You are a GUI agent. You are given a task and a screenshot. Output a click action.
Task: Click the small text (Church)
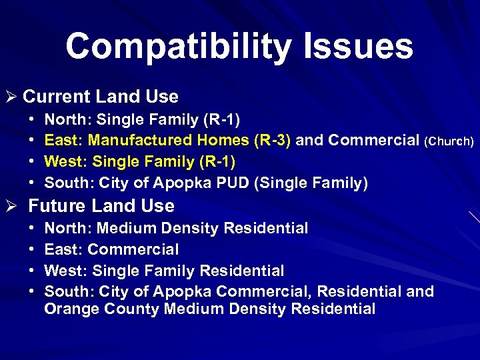point(449,141)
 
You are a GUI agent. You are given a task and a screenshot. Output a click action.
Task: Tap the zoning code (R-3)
point(271,141)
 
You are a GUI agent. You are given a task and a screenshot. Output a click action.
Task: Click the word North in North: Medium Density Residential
point(65,229)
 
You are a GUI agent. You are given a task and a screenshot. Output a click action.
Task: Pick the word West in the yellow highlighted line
point(64,162)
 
